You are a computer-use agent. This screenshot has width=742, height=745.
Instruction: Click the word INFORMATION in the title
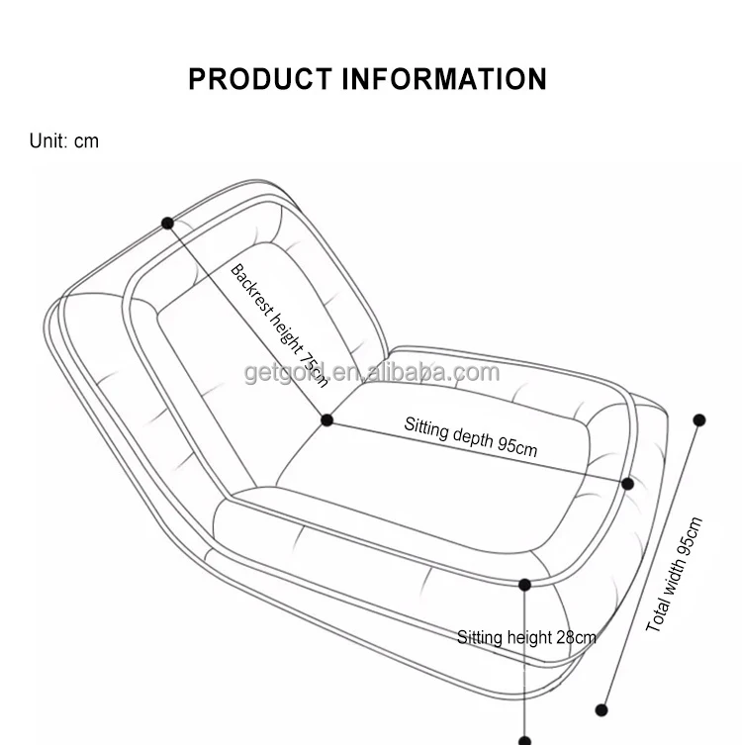(444, 79)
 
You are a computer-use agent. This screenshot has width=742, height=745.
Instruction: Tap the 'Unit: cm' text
(64, 140)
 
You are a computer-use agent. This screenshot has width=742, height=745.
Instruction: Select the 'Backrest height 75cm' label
(280, 325)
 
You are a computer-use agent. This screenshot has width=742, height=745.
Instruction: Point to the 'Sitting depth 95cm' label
(470, 436)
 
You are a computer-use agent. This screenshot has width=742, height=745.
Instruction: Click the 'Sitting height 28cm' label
(526, 637)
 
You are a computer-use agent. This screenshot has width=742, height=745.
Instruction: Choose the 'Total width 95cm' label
(675, 575)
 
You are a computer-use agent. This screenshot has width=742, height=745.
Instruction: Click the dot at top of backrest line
(167, 224)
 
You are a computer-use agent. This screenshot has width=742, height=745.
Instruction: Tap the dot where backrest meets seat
(327, 420)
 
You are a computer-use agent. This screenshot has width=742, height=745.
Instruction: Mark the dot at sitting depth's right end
(627, 484)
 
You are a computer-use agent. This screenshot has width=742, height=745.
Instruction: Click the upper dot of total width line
(699, 420)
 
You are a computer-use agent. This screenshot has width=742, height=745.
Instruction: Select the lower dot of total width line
(602, 709)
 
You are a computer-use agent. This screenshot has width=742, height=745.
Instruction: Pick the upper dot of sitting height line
(525, 586)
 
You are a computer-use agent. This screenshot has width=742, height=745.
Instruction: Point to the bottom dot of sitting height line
(525, 739)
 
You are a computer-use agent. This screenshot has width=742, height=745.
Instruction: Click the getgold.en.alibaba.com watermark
(372, 373)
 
